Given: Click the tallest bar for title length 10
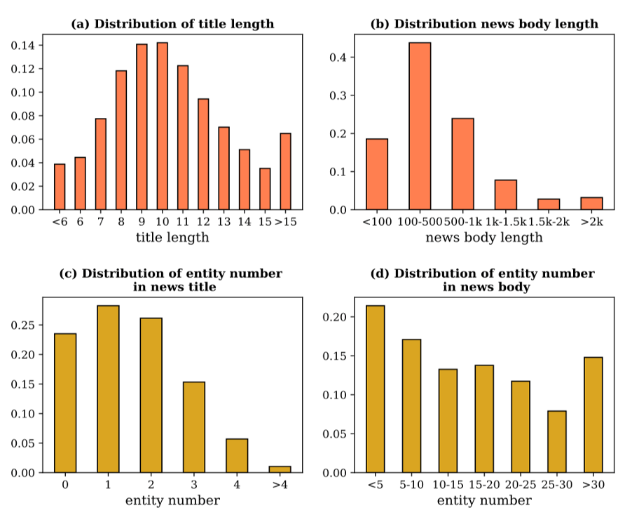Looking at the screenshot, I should [x=162, y=126].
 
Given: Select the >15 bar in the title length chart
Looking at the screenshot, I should [x=285, y=171].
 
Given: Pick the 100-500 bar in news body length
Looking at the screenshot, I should [x=420, y=126].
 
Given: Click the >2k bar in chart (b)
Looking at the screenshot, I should [x=591, y=203].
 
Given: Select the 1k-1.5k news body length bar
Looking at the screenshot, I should [x=505, y=195].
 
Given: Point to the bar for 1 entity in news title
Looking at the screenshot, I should [x=108, y=389].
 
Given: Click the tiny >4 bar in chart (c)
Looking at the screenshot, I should [x=280, y=469].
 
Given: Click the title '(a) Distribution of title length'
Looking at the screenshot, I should [x=172, y=24].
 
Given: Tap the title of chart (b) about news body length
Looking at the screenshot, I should [x=484, y=24].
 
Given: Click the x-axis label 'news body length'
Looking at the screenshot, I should [x=484, y=238].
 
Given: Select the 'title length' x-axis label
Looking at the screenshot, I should [x=172, y=238].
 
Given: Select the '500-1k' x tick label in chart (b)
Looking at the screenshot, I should [x=462, y=222].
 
